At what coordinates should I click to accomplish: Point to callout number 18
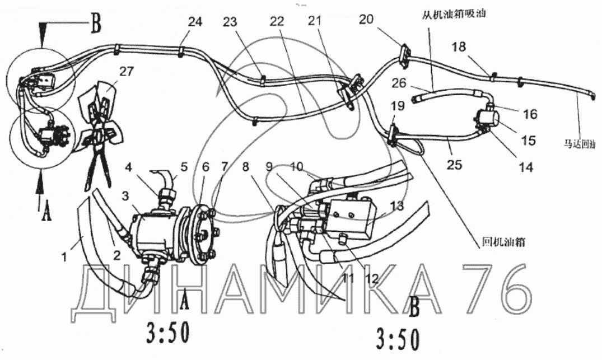tap(458, 48)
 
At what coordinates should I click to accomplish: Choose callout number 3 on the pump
tap(127, 195)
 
